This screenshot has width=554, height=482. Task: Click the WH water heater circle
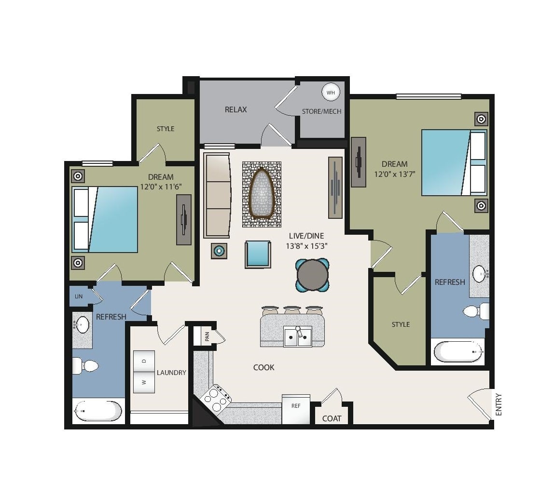331,93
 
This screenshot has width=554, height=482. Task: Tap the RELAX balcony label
235,109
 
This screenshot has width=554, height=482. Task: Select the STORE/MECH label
321,111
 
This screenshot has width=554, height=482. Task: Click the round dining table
313,275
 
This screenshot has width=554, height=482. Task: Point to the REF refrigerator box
296,409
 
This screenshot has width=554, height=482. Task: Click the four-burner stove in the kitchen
216,398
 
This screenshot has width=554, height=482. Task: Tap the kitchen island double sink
298,336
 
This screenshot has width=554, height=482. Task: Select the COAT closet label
332,418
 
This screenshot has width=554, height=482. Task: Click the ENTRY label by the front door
499,404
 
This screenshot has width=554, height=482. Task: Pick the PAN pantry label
207,336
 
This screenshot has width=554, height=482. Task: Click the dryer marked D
144,361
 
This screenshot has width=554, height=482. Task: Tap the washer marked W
144,382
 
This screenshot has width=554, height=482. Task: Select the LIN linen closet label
79,296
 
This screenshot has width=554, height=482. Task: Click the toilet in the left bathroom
85,366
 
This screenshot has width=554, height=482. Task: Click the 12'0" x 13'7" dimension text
395,174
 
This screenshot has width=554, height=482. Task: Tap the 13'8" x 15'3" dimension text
307,246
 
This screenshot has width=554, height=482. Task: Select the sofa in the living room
217,195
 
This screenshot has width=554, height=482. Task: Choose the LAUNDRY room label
171,373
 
